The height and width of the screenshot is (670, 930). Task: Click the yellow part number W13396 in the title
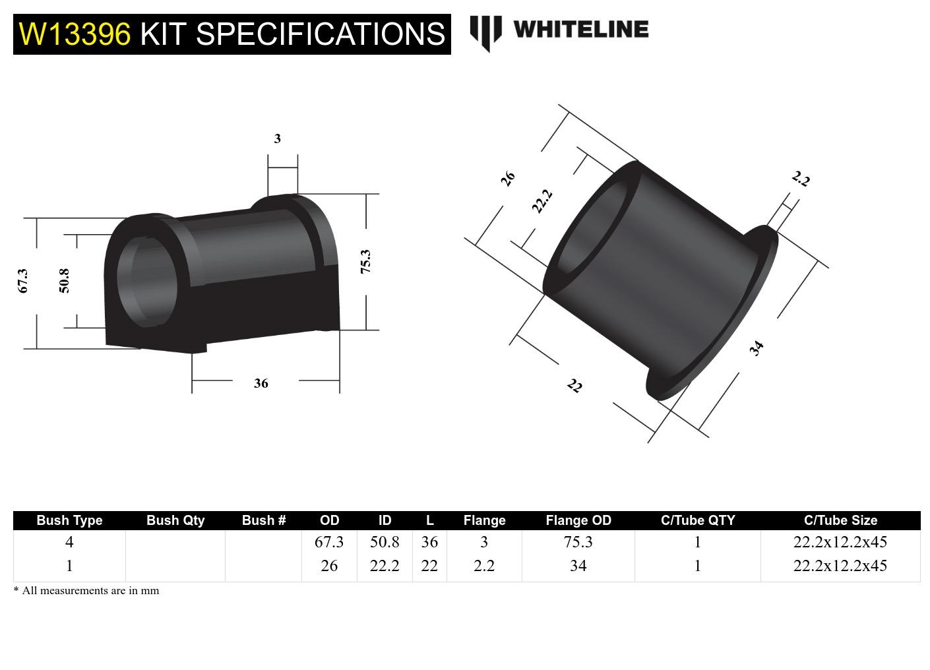pos(75,34)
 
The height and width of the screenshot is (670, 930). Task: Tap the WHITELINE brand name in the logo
pos(580,29)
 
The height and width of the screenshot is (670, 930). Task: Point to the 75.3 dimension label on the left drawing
pos(365,261)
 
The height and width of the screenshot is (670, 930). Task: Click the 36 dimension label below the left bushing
pos(261,383)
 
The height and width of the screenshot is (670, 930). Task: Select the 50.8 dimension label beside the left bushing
pos(64,280)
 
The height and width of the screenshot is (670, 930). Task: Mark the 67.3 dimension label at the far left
pos(23,280)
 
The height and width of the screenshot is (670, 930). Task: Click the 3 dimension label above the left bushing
pos(277,138)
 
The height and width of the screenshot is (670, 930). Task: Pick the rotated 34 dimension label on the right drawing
pos(757,348)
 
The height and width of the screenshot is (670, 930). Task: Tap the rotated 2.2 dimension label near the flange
pos(800,179)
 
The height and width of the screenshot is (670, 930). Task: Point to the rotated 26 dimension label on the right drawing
pos(507,178)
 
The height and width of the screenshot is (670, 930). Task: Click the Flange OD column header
pos(578,520)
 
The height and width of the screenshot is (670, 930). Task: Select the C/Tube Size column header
pos(840,520)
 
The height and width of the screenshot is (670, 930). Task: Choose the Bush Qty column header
pos(175,520)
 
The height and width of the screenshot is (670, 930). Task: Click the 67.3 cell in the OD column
pos(329,542)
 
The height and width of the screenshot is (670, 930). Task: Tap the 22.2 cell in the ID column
pos(385,566)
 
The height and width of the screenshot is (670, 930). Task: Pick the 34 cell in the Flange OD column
pos(578,566)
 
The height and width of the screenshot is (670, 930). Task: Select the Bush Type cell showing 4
pos(69,542)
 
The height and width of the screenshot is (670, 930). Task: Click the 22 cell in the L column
pos(429,566)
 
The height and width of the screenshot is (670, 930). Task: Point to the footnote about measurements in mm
pos(86,590)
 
